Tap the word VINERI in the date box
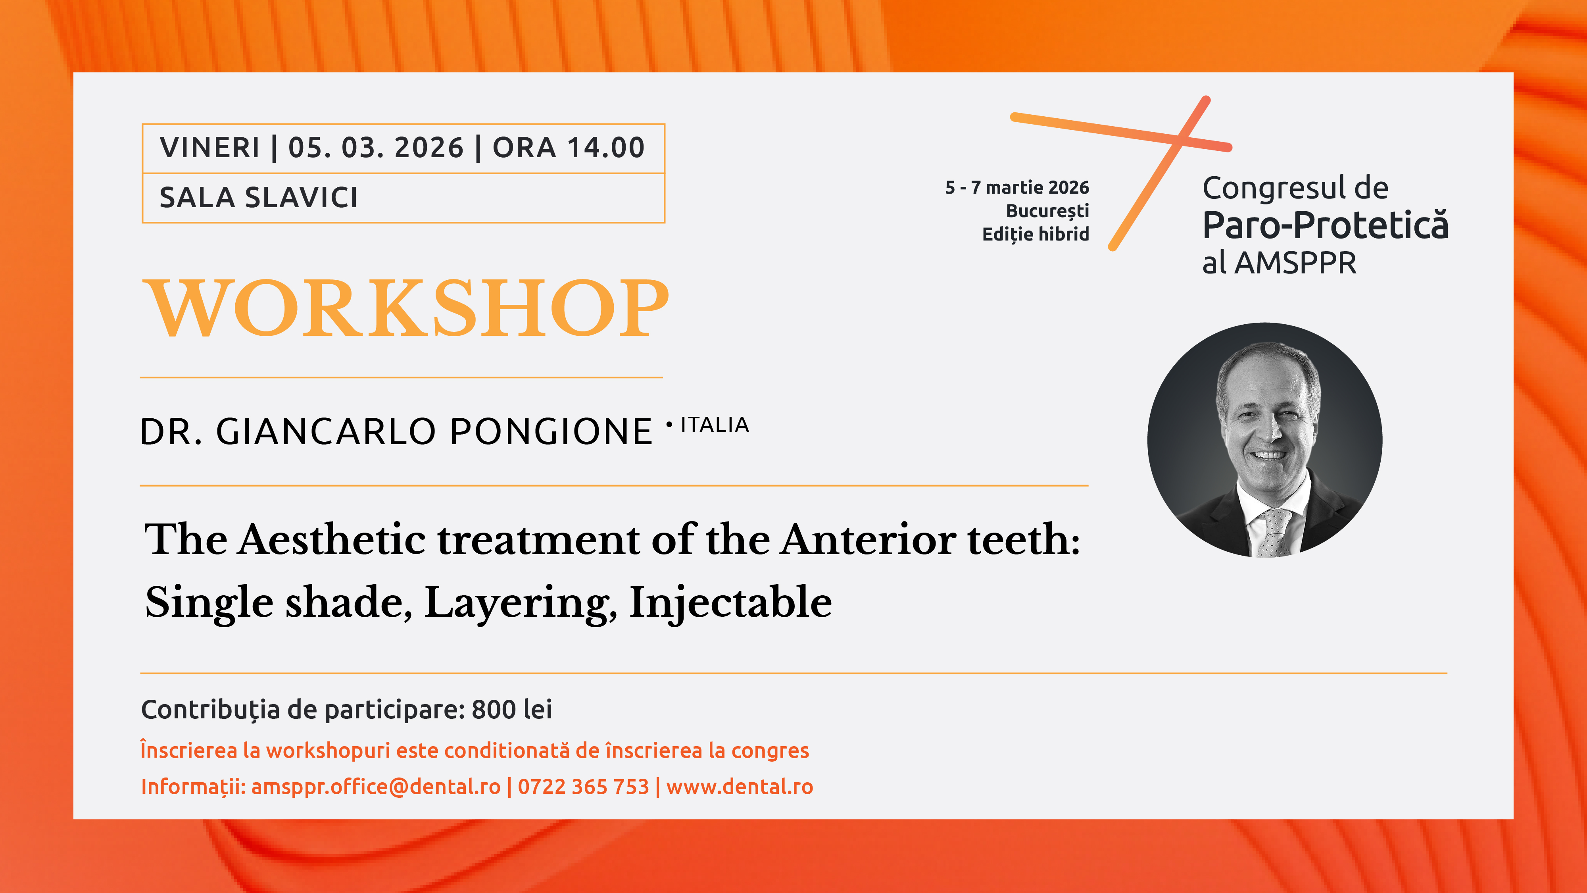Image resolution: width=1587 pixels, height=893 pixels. tap(209, 148)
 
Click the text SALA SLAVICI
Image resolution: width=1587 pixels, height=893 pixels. tap(259, 198)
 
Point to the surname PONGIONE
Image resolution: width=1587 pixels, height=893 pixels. tap(551, 431)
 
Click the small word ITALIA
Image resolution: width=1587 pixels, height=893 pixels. tap(715, 425)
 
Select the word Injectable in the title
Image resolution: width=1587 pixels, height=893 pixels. tap(731, 603)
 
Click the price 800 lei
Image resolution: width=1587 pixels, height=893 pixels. tap(512, 709)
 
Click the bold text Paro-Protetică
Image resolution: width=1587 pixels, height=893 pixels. tap(1325, 225)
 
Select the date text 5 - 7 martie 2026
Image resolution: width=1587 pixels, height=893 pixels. tap(1017, 187)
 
